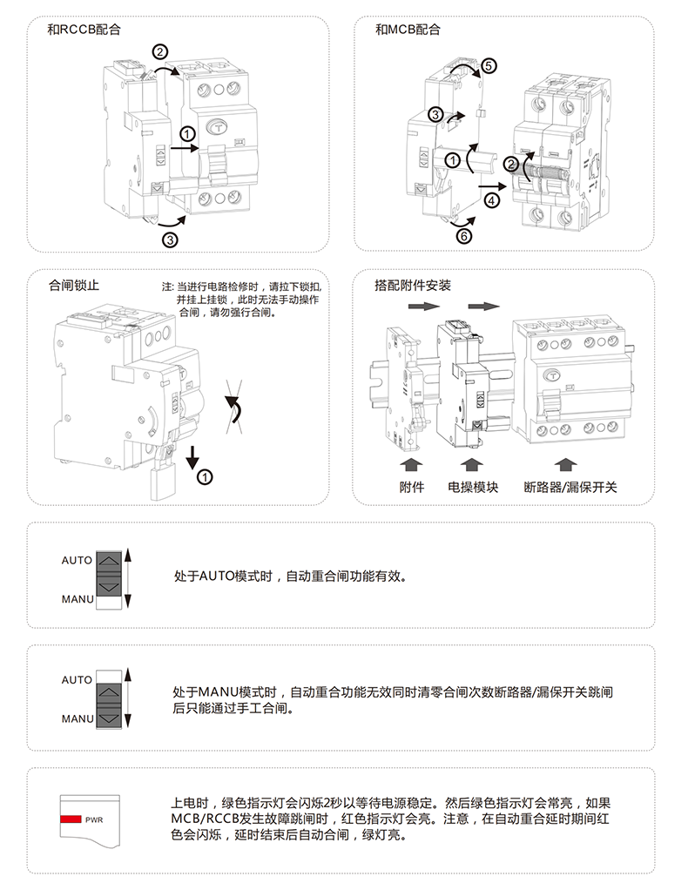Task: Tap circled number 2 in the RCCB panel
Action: [161, 51]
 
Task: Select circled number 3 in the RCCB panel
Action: [171, 239]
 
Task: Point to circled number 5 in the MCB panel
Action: [489, 65]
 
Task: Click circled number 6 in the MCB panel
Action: [463, 235]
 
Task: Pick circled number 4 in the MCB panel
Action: [492, 200]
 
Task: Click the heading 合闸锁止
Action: [74, 285]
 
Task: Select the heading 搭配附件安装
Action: [412, 285]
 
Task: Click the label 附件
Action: [412, 487]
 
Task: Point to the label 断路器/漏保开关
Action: [570, 487]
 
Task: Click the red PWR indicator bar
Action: [70, 819]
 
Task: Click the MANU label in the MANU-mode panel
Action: [78, 719]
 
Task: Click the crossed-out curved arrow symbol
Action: [233, 406]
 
